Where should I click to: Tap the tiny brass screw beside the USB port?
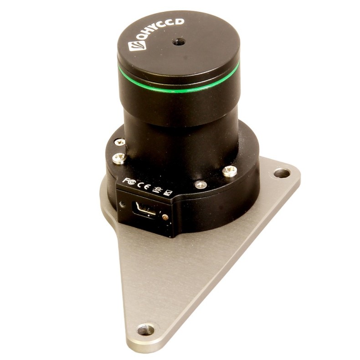pyautogui.click(x=165, y=217)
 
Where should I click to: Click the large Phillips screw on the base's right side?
pyautogui.click(x=230, y=171)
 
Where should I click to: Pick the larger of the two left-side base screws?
pyautogui.click(x=120, y=158)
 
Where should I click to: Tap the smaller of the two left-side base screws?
pyautogui.click(x=121, y=142)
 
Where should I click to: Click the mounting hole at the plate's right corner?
pyautogui.click(x=282, y=173)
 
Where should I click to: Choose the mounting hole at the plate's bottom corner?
pyautogui.click(x=146, y=329)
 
